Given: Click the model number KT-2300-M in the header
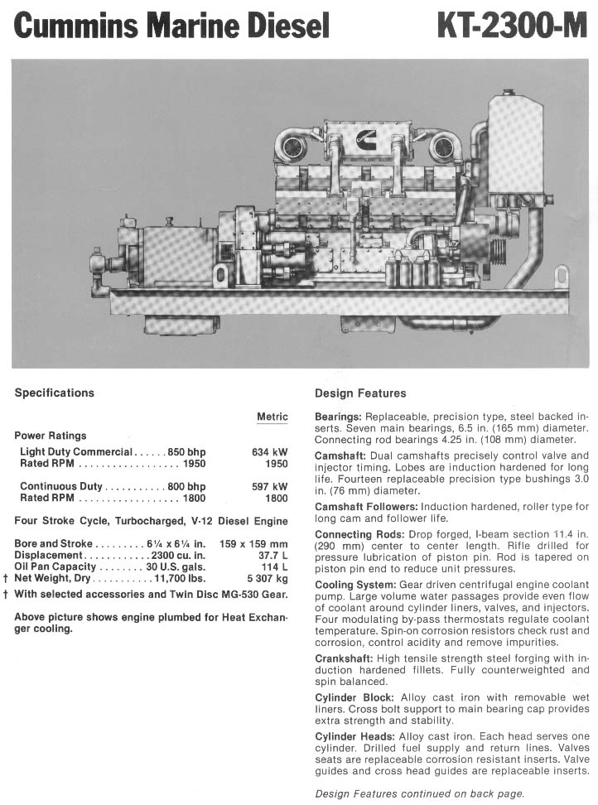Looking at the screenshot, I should tap(512, 27).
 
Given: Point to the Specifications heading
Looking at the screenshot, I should tap(55, 393).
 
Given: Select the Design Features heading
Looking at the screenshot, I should tap(360, 393).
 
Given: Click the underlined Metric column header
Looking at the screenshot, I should tap(272, 417).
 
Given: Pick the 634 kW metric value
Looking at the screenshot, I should tap(270, 452).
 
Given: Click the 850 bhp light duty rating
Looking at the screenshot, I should tap(186, 452).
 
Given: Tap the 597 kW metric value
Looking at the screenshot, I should tap(270, 487).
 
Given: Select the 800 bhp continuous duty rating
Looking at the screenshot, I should tap(186, 487).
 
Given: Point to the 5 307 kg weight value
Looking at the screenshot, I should tap(269, 578).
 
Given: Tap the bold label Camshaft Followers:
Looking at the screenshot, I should tap(365, 506).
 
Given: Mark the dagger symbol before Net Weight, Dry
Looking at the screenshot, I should tap(7, 578).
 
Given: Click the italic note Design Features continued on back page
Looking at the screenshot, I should tap(420, 793).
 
